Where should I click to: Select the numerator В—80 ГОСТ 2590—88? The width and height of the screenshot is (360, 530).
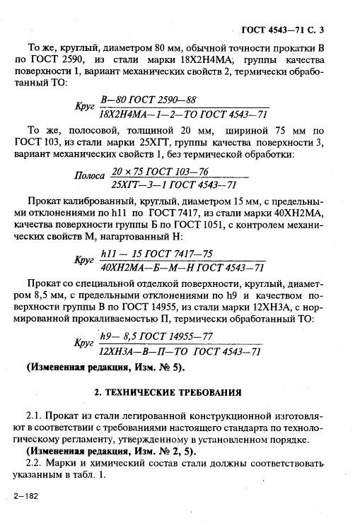[x=149, y=100]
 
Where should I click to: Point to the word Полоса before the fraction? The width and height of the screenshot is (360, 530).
[x=91, y=176]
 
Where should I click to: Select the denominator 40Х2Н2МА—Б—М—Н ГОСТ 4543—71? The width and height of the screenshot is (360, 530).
[x=182, y=267]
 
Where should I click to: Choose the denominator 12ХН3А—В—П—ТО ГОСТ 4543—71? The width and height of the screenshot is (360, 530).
[x=181, y=351]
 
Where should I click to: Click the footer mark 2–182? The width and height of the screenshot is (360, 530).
[x=24, y=497]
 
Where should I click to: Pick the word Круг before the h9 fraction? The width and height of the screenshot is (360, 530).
[x=84, y=343]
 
